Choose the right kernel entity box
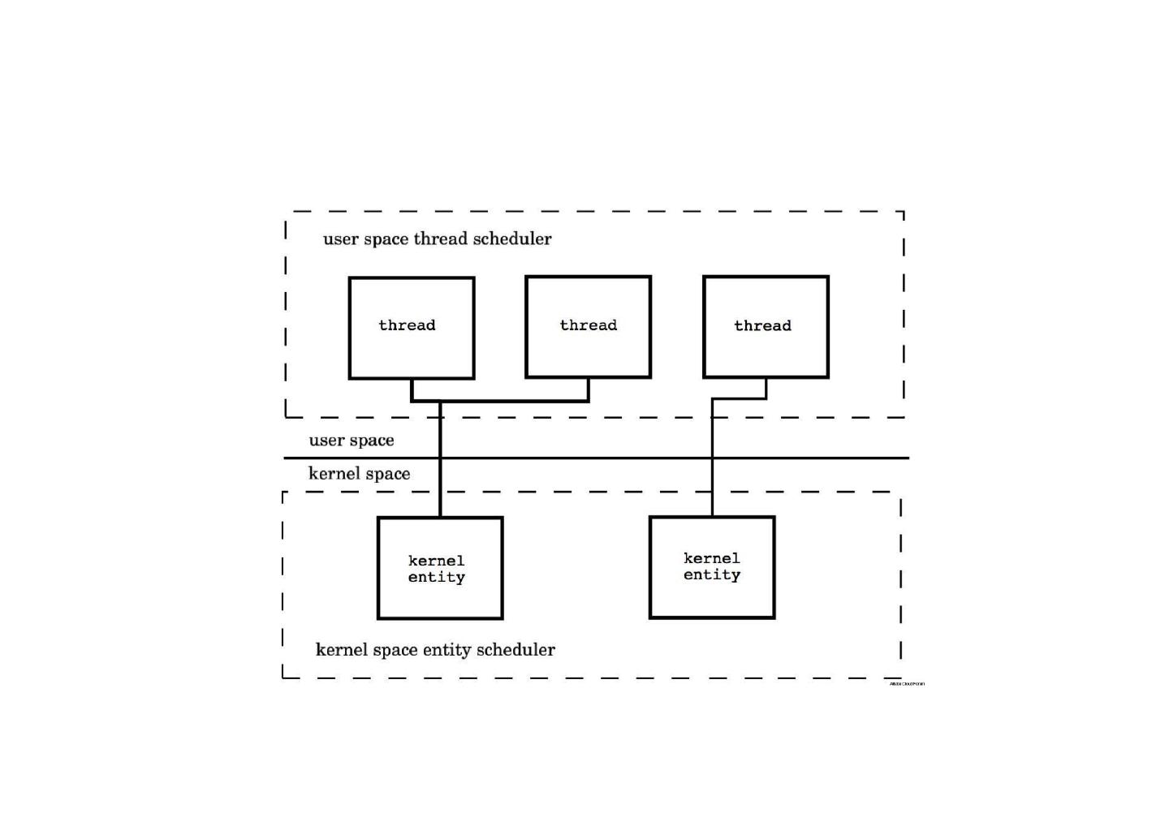click(712, 596)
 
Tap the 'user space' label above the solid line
click(352, 441)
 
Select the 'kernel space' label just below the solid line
click(359, 474)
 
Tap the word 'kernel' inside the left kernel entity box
click(436, 561)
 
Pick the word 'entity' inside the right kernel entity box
click(712, 575)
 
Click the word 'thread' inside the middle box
click(588, 325)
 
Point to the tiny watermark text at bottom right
click(907, 684)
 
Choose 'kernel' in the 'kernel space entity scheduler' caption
click(337, 650)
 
